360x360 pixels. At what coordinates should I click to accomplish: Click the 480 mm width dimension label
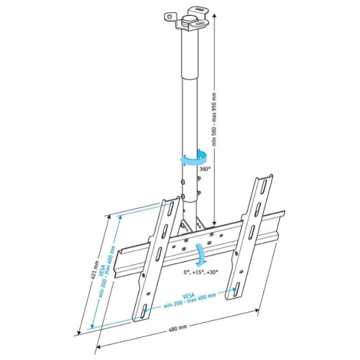[x=178, y=328]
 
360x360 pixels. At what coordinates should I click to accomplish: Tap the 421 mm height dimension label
[x=95, y=270]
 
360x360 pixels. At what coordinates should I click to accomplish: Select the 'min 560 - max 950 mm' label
[x=214, y=119]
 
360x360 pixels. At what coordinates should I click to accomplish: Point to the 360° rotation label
[x=205, y=169]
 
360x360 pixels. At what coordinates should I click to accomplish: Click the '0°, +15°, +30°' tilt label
[x=201, y=273]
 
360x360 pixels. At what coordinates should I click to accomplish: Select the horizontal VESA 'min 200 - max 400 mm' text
[x=190, y=300]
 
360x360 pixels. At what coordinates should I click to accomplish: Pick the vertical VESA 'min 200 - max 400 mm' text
[x=107, y=272]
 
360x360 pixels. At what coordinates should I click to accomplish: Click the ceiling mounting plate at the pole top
[x=187, y=19]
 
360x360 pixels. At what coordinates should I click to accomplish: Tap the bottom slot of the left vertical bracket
[x=144, y=311]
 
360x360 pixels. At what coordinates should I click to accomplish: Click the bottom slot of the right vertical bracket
[x=236, y=288]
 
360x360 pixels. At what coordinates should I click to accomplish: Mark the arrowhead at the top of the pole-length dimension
[x=214, y=15]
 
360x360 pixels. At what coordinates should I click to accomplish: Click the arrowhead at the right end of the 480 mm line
[x=257, y=311]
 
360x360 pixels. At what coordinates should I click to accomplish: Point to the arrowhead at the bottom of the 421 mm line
[x=79, y=332]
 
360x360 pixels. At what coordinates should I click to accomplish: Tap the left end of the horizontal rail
[x=119, y=262]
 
